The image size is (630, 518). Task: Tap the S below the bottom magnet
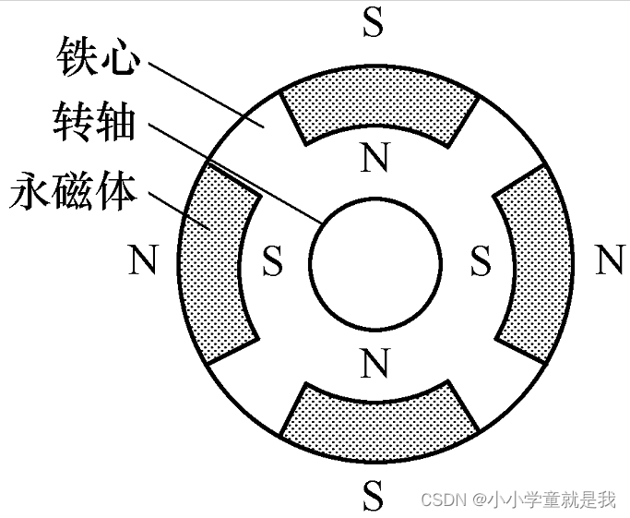[373, 496]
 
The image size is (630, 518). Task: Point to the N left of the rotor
[142, 261]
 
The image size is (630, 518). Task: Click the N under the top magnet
[373, 160]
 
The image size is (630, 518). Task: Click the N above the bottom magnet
[373, 364]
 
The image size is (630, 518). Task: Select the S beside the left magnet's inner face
[272, 261]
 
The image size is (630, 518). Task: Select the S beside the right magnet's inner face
[480, 261]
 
